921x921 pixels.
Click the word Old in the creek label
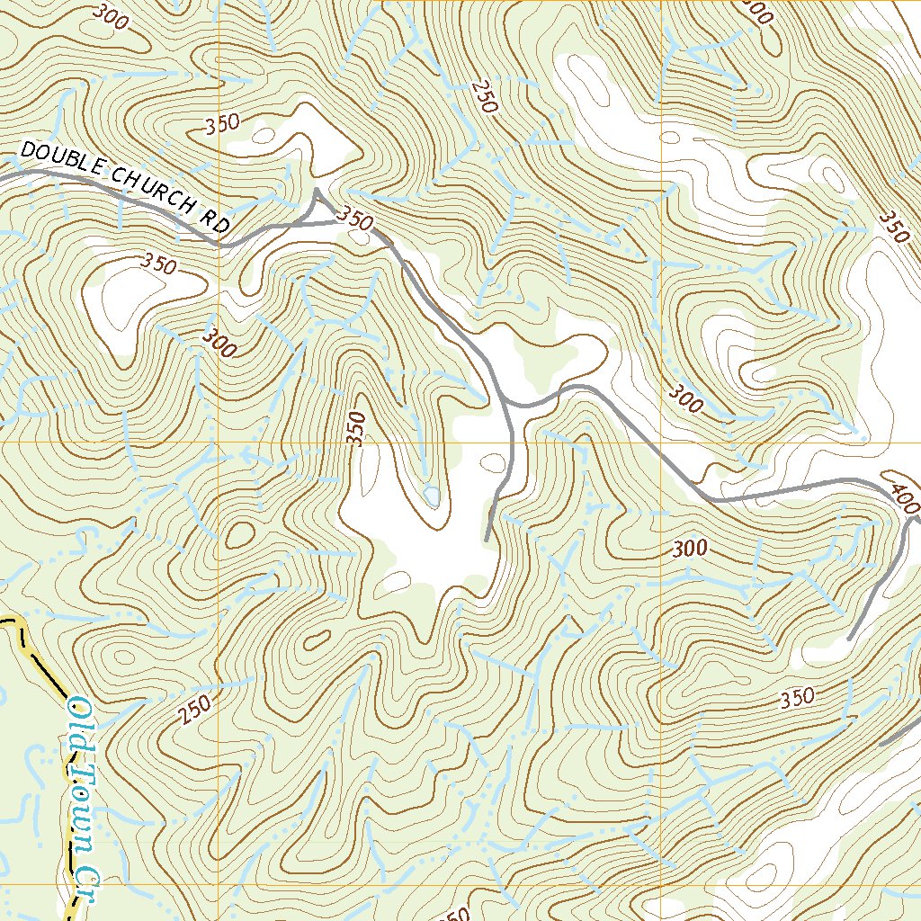coord(79,720)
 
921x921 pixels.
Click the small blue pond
coord(432,495)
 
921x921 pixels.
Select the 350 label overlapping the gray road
coord(354,218)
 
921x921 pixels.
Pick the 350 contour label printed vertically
coord(358,429)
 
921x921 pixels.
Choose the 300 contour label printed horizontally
coord(689,548)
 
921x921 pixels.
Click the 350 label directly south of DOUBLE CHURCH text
coord(158,264)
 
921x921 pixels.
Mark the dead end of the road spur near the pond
coord(487,540)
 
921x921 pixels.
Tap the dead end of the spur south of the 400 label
coord(851,639)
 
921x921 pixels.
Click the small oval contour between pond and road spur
coord(493,464)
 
